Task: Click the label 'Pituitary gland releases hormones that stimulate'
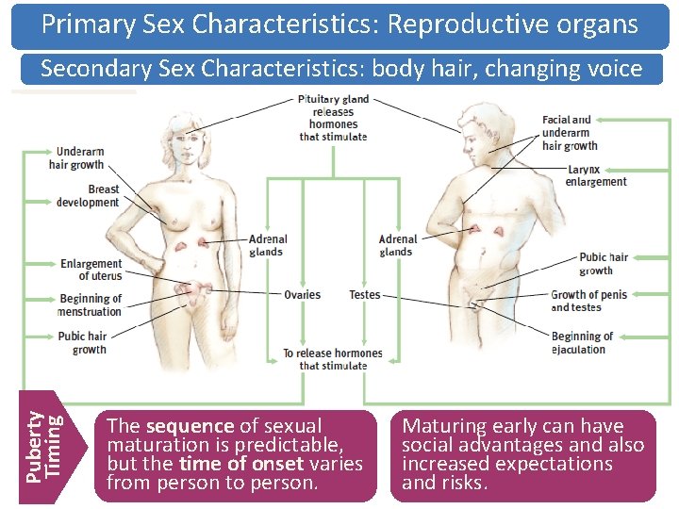(333, 118)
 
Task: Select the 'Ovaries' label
(302, 295)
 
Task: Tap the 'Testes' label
(364, 295)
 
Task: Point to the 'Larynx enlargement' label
(596, 175)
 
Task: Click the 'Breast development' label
(89, 195)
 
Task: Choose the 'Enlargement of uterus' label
(91, 270)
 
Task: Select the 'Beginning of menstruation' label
(91, 305)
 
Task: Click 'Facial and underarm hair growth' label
(570, 133)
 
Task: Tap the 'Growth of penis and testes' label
(588, 301)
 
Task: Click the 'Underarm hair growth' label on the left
(80, 157)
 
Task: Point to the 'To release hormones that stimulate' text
(333, 359)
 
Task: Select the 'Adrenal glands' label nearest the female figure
(268, 245)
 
